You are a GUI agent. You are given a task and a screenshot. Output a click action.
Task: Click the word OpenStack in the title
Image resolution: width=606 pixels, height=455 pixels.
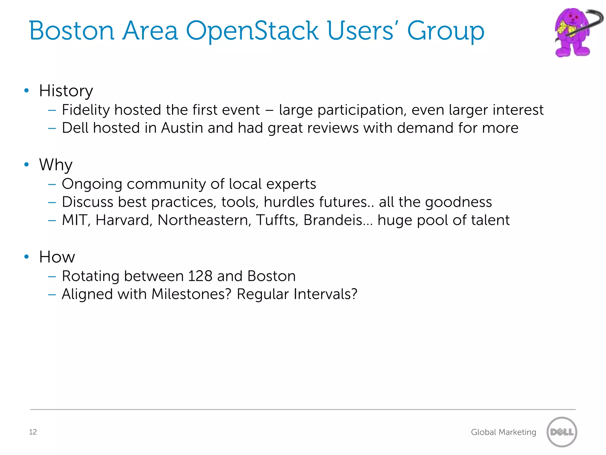252,31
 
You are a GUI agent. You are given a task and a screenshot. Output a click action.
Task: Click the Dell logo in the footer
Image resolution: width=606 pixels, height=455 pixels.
562,432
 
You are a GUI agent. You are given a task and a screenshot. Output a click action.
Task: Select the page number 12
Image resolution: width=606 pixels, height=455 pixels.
33,432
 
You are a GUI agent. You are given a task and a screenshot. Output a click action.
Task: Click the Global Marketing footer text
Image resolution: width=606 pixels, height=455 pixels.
503,432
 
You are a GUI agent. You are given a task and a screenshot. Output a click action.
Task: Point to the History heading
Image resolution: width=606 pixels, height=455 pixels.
66,91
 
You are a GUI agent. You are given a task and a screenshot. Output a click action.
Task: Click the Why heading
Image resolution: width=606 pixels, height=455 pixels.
56,165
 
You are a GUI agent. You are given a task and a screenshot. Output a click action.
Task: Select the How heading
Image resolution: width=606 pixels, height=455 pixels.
57,257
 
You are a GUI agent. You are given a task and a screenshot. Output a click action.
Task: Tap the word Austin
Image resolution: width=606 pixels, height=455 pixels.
182,128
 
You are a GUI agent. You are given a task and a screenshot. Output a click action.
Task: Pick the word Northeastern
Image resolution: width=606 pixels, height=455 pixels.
204,220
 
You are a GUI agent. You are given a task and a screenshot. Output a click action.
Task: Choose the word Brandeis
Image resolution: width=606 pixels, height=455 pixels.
333,220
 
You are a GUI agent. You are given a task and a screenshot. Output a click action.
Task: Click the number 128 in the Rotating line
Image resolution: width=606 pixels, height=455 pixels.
200,276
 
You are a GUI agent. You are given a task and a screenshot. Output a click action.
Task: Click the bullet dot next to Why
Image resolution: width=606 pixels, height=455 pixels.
27,164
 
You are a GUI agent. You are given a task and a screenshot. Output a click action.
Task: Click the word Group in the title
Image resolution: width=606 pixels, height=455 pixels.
445,31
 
